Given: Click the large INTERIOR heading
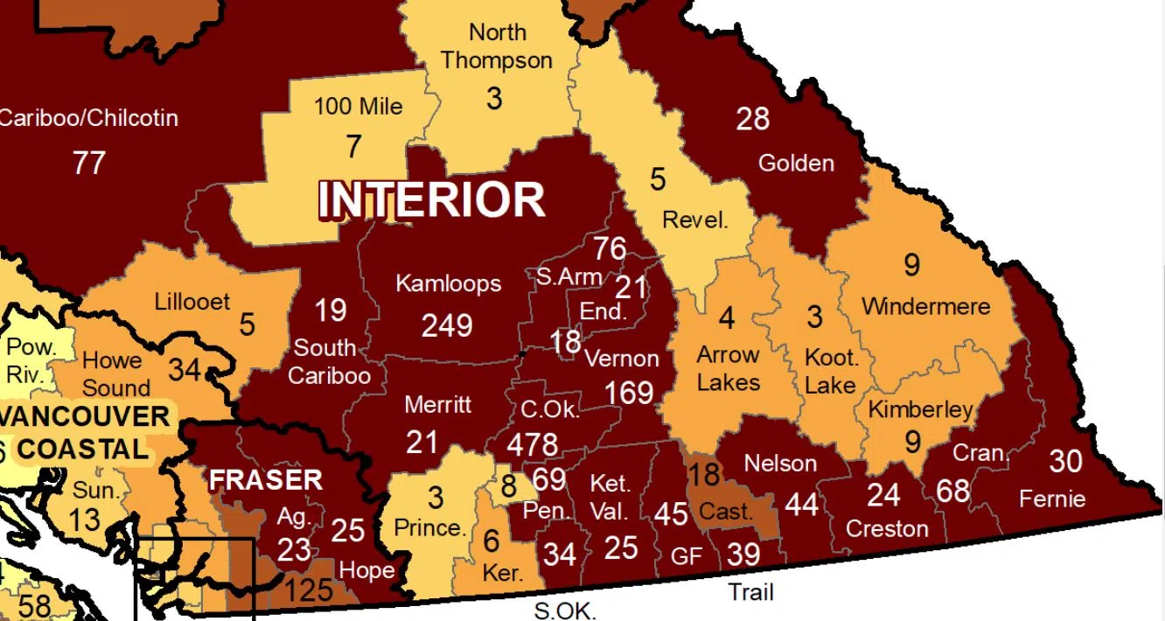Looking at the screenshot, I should [x=432, y=200].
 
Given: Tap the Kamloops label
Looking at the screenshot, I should [x=448, y=283].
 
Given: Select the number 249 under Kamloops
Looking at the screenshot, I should [x=447, y=325].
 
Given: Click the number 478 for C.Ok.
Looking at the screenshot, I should [x=532, y=444].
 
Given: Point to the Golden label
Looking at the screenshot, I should [x=796, y=163].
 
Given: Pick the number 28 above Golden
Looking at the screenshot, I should [x=752, y=119].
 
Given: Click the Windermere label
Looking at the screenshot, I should [x=925, y=306].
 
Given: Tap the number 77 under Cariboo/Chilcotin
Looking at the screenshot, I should [x=88, y=163].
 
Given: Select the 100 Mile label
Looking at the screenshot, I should [x=359, y=107].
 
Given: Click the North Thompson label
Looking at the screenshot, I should [x=497, y=46].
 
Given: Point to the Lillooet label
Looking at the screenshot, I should [x=192, y=302].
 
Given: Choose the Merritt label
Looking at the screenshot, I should [x=437, y=405].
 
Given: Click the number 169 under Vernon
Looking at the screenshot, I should [x=629, y=393].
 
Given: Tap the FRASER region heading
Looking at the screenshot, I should [x=265, y=480].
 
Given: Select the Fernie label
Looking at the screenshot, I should [x=1052, y=499].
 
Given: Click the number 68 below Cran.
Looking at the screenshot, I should [x=952, y=490].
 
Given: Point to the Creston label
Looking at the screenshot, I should [x=887, y=528].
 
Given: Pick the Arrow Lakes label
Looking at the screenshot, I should [x=728, y=368].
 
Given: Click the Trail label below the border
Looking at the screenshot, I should [x=750, y=593].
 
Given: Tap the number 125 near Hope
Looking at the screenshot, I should [x=308, y=590].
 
